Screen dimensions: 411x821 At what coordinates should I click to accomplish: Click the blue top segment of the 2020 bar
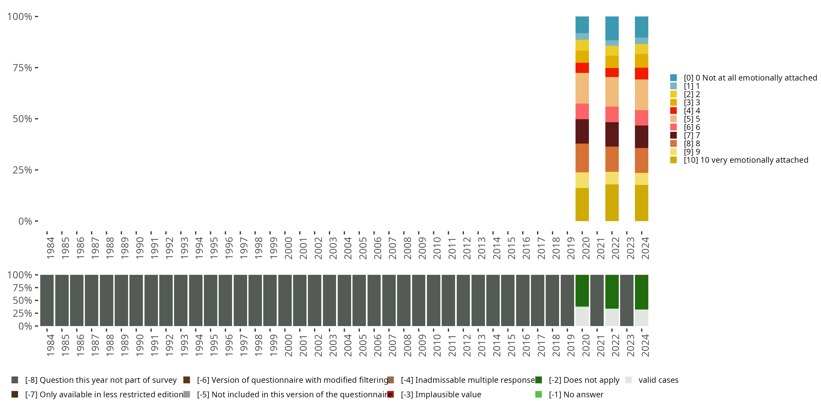click(x=582, y=25)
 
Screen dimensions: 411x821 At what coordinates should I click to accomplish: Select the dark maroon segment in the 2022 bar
click(x=612, y=134)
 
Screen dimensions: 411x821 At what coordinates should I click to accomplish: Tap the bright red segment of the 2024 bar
click(x=641, y=73)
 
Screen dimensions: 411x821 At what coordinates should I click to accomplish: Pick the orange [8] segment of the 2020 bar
click(x=582, y=158)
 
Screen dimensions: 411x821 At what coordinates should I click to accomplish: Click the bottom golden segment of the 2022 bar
click(x=612, y=203)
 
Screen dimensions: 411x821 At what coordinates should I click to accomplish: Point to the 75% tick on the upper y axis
click(x=36, y=68)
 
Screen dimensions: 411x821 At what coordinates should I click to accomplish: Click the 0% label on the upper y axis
click(x=25, y=221)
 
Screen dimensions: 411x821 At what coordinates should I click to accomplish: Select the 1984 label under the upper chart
click(x=50, y=248)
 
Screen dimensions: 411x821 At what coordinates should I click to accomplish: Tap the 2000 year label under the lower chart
click(x=288, y=346)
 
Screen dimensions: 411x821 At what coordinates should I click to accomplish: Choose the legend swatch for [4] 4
click(x=673, y=111)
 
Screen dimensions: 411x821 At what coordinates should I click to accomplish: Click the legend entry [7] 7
click(x=692, y=135)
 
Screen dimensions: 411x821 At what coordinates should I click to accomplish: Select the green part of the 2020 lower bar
click(x=582, y=290)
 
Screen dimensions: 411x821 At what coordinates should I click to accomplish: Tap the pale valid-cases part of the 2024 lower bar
click(x=641, y=318)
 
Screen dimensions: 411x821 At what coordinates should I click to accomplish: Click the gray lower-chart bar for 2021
click(x=597, y=300)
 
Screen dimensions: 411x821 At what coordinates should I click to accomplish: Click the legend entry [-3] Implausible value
click(x=441, y=394)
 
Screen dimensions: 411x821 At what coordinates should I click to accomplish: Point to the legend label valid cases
click(x=658, y=380)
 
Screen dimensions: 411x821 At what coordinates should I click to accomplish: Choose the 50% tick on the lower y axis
click(x=36, y=300)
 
